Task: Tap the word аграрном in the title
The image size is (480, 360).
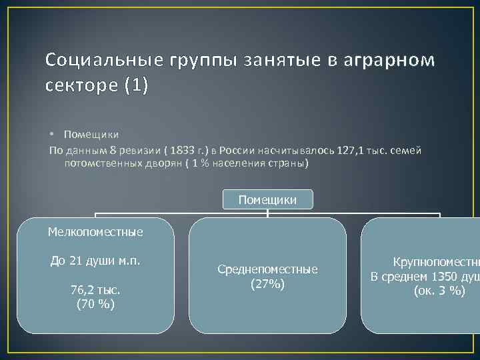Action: point(389,61)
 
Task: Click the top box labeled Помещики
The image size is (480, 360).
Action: point(267,199)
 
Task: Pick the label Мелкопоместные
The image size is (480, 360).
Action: point(95,232)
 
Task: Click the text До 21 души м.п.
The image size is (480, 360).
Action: point(95,260)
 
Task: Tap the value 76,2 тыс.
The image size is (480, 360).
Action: point(95,290)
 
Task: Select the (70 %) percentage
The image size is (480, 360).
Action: point(95,304)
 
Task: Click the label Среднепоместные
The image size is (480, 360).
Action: point(267,269)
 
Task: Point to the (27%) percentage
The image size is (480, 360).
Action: point(267,284)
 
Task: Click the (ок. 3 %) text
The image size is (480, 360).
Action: point(439,291)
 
